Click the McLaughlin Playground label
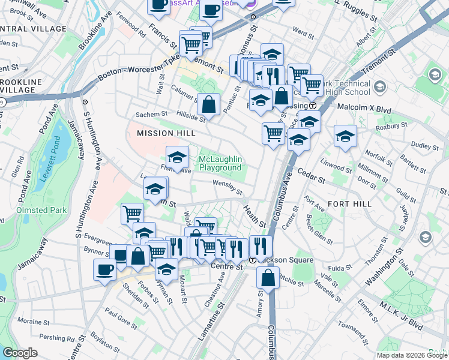(x=220, y=163)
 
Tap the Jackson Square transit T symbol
(x=253, y=260)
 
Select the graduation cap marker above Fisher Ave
(x=177, y=157)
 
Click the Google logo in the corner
(x=20, y=352)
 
